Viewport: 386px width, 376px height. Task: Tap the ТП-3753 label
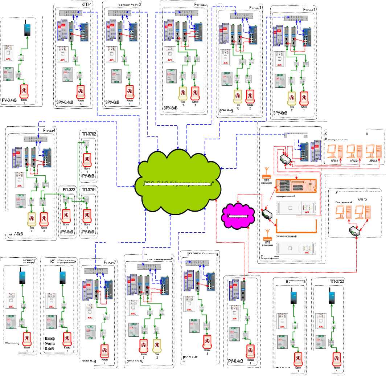(337, 281)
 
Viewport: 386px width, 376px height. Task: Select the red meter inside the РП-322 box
(66, 214)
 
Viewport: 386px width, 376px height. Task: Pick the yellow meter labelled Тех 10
(238, 96)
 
